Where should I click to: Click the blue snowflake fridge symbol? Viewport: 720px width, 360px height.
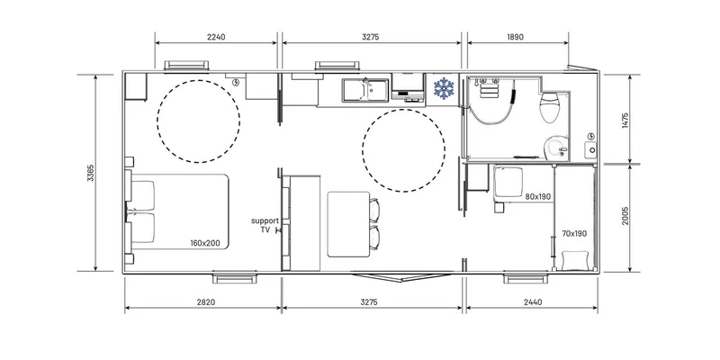pyautogui.click(x=444, y=88)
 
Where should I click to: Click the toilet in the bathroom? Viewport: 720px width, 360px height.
pyautogui.click(x=549, y=106)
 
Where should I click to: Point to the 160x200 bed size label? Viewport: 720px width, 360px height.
pyautogui.click(x=205, y=243)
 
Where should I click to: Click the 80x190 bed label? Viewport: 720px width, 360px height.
pyautogui.click(x=538, y=197)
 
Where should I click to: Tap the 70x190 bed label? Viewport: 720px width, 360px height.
pyautogui.click(x=574, y=233)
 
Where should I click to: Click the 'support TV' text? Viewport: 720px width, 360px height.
pyautogui.click(x=265, y=226)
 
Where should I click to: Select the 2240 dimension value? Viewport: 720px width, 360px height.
pyautogui.click(x=216, y=37)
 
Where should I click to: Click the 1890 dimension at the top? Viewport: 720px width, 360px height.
pyautogui.click(x=515, y=37)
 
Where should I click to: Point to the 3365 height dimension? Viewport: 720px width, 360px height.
pyautogui.click(x=91, y=173)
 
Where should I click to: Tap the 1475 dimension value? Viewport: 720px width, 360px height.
pyautogui.click(x=625, y=121)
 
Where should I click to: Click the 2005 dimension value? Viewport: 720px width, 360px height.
pyautogui.click(x=625, y=215)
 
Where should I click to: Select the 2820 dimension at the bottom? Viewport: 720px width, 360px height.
pyautogui.click(x=206, y=302)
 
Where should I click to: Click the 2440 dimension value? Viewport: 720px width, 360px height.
pyautogui.click(x=533, y=302)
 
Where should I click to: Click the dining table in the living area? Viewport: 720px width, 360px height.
pyautogui.click(x=348, y=224)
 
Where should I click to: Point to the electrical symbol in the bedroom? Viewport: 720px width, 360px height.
pyautogui.click(x=236, y=82)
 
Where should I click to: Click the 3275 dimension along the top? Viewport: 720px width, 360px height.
pyautogui.click(x=370, y=37)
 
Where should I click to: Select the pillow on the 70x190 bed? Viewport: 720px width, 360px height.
pyautogui.click(x=575, y=260)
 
